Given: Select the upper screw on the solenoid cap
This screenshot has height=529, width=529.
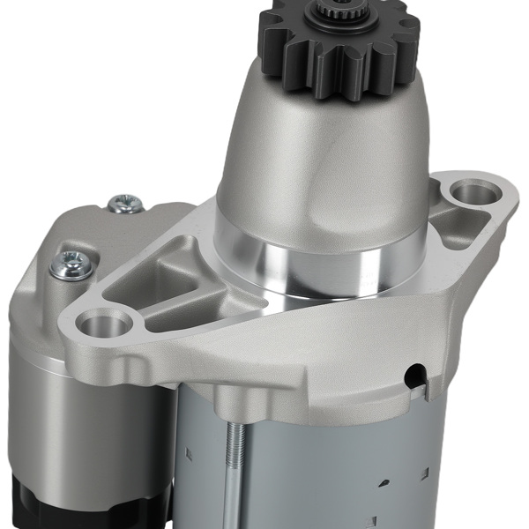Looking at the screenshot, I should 124,204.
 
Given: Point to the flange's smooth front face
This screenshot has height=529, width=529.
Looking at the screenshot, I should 264,353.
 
